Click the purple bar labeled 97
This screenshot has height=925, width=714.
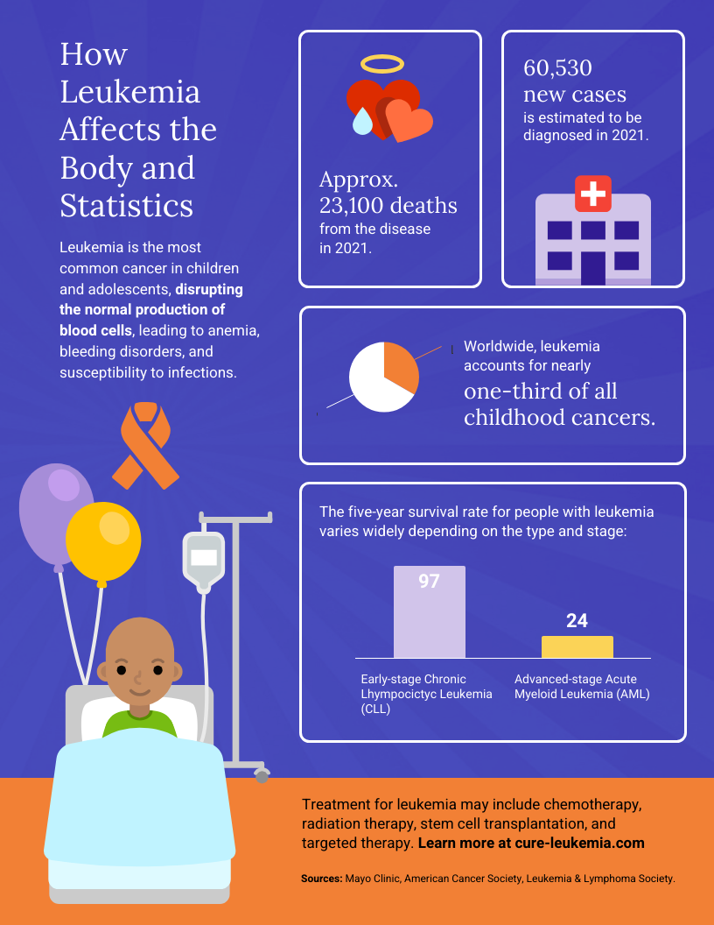click(429, 613)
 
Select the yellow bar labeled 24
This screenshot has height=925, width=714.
click(577, 647)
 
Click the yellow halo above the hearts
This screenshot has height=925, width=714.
click(383, 63)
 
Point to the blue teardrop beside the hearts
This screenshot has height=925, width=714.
click(362, 121)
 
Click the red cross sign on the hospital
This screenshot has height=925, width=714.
click(593, 193)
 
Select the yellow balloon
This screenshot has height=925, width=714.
click(103, 542)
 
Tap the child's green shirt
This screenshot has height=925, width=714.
click(140, 722)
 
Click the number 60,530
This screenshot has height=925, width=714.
click(558, 67)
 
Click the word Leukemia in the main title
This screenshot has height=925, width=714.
click(129, 92)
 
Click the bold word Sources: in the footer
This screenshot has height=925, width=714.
click(321, 878)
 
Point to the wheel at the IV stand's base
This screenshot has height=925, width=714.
click(262, 776)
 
